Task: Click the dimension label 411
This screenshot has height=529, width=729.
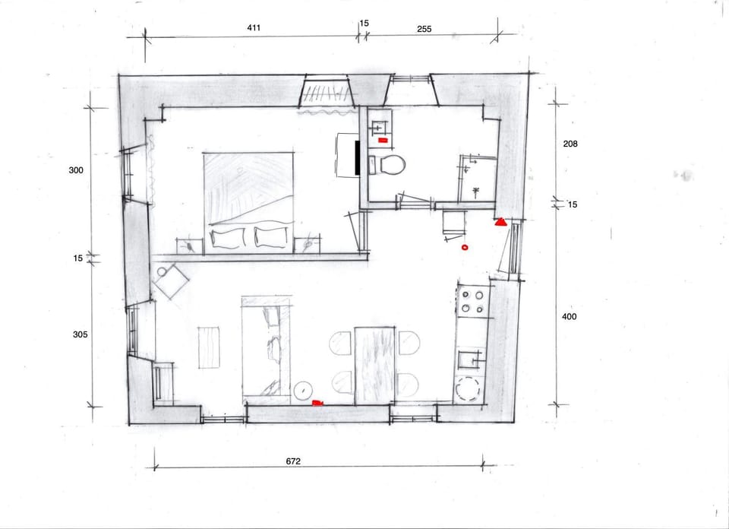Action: click(254, 27)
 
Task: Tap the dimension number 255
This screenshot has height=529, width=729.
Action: click(424, 29)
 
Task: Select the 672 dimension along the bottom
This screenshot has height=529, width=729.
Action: click(293, 461)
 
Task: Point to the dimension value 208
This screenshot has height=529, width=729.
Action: click(570, 144)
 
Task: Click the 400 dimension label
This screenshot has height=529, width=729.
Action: click(569, 316)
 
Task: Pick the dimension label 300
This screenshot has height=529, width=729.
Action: click(76, 170)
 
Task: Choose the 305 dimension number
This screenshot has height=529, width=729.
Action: click(80, 334)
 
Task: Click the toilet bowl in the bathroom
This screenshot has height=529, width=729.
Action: click(393, 165)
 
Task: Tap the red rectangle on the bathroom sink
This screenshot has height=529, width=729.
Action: click(383, 140)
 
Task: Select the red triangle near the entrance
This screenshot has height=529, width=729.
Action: click(500, 222)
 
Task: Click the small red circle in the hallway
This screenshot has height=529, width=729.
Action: click(465, 248)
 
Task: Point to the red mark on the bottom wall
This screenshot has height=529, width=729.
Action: click(317, 403)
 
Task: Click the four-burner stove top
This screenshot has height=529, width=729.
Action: click(473, 302)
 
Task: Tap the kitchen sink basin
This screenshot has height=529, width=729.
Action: click(470, 360)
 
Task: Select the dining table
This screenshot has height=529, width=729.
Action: click(374, 366)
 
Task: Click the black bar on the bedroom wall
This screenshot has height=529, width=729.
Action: click(358, 158)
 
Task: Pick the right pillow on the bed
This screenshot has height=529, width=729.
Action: click(271, 237)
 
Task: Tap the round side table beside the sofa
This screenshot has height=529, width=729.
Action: click(303, 391)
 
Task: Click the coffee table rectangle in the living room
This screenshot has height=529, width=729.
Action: click(209, 347)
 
